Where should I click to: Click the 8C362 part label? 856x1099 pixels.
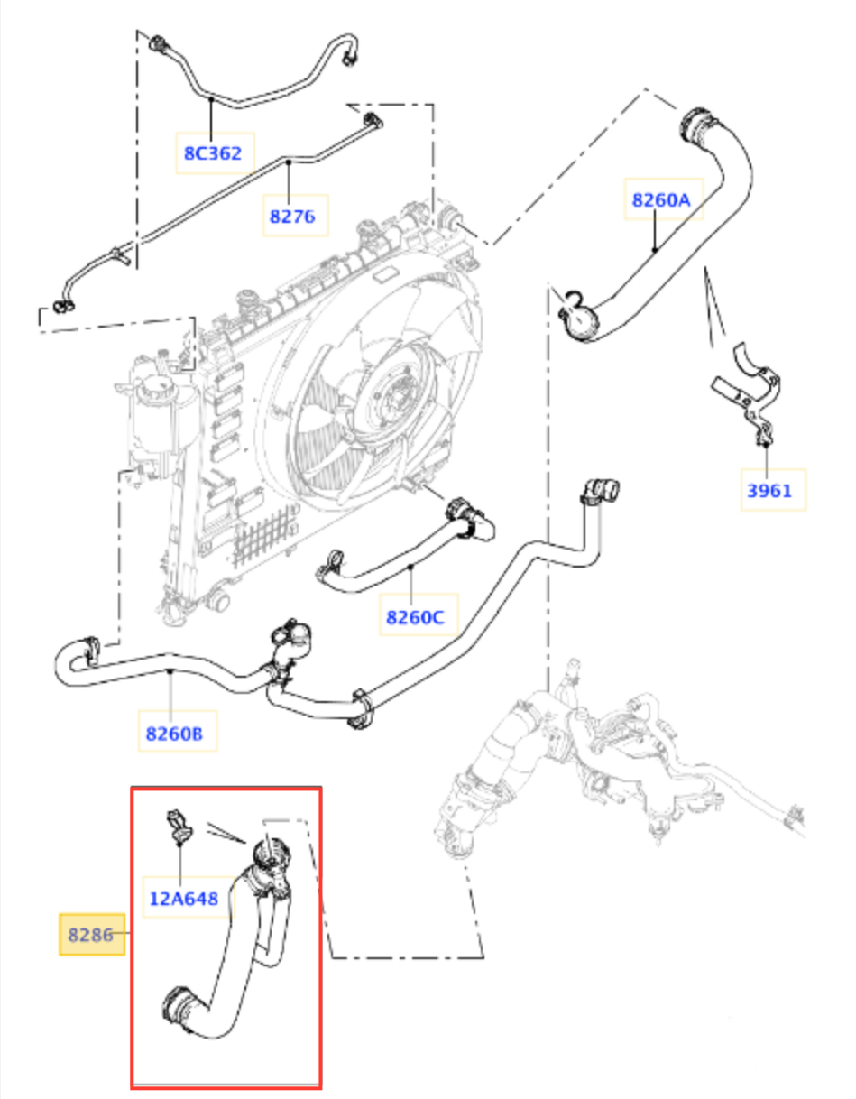(213, 153)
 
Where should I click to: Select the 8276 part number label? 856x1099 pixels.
(292, 217)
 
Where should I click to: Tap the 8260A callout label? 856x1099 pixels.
(660, 200)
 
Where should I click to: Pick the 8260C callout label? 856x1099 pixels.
(415, 617)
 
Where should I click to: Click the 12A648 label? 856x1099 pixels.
(184, 898)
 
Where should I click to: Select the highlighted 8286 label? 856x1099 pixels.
(91, 935)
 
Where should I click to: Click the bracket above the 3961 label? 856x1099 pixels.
(748, 388)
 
